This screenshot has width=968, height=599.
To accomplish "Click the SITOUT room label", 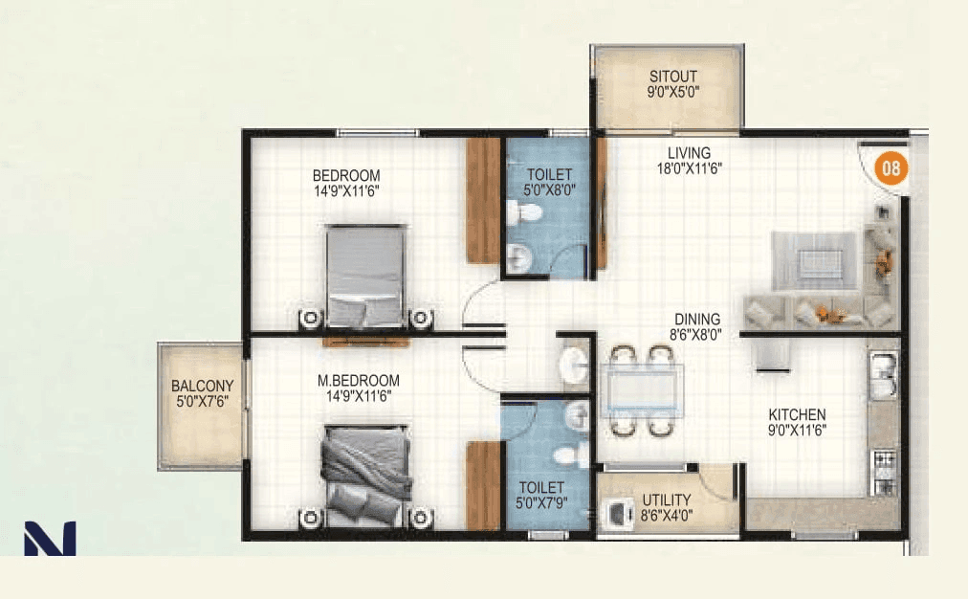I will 672,85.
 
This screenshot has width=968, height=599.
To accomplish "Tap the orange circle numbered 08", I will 891,169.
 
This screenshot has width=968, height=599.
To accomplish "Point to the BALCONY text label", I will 202,393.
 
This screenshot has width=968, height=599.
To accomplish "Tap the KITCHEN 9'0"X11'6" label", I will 797,422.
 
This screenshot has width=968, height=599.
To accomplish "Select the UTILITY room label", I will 667,506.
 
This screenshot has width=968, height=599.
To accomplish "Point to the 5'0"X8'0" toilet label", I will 549,182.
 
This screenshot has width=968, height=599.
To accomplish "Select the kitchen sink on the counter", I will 882,375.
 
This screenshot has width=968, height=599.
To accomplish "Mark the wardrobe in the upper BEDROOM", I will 482,200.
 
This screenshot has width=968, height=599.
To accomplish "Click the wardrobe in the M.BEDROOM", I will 482,484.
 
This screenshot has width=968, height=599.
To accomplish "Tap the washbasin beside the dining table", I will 574,364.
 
